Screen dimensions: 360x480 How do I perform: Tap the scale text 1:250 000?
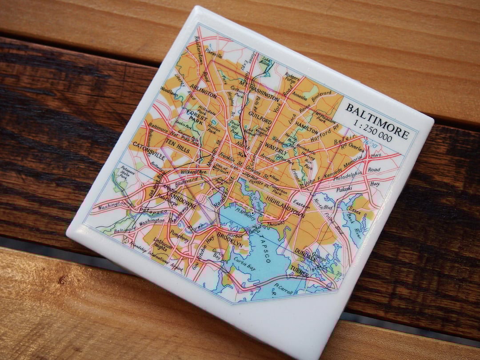pos(372,132)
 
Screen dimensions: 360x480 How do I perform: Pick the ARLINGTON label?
pos(203,92)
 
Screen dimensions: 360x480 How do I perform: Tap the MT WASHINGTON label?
pos(260,91)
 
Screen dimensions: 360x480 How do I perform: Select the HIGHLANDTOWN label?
pos(285,204)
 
